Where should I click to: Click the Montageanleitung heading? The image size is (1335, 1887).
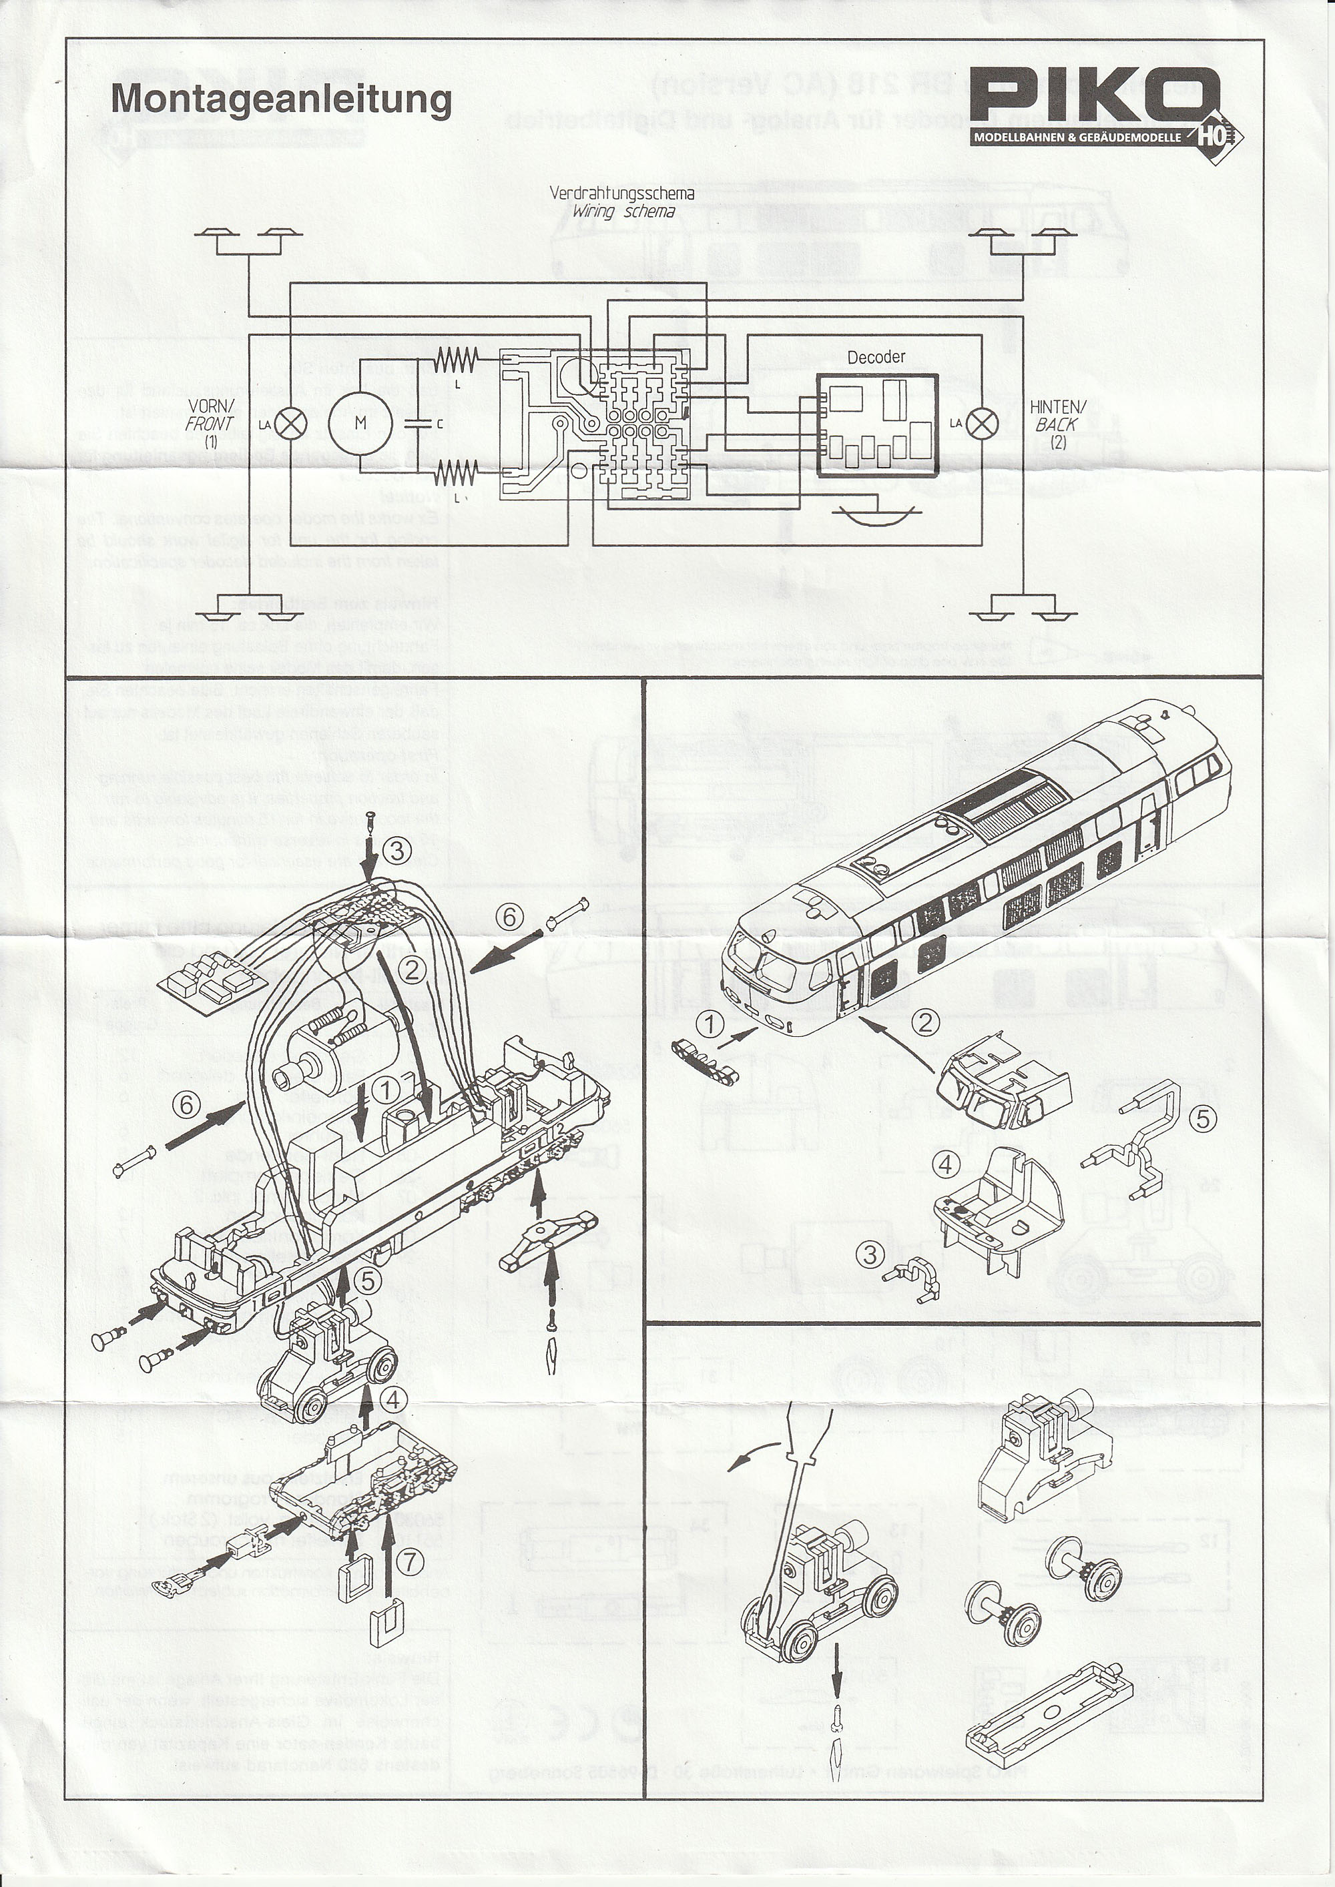280,99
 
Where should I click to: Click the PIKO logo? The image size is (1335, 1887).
1093,97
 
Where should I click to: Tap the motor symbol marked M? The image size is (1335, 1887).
359,422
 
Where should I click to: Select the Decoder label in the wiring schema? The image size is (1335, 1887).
876,357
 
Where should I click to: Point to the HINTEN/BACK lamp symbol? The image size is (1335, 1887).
981,423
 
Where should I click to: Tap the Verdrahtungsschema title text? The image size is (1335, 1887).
621,194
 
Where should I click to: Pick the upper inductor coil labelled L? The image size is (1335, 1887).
455,358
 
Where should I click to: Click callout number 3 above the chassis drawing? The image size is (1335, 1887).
397,851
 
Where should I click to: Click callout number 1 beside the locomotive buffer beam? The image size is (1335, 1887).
711,1025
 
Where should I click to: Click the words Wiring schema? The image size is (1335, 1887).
624,212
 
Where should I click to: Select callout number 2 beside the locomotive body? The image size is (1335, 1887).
926,1022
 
